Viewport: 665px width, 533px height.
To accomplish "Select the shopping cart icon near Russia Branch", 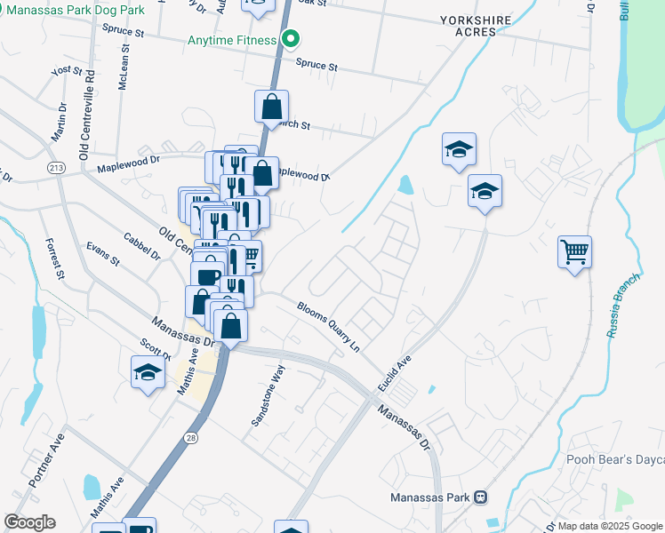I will pos(575,252).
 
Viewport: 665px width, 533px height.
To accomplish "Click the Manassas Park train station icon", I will pos(481,497).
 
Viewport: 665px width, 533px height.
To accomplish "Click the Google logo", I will pos(29,522).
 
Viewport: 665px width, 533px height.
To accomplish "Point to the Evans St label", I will pos(102,254).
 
